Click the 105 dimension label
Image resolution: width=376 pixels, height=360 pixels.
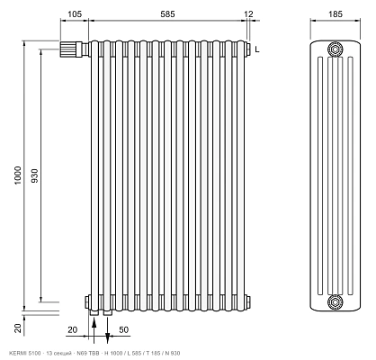(75, 14)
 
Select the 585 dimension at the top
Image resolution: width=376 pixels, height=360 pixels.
(167, 14)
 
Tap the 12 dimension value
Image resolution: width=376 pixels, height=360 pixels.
(248, 14)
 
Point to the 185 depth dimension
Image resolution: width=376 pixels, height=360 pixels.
(336, 14)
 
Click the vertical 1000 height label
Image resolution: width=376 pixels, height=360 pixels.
(18, 175)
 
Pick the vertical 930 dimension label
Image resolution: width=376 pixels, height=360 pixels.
(35, 175)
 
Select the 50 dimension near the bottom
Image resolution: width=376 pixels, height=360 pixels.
(124, 329)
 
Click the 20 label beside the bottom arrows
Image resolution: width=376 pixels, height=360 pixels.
(73, 329)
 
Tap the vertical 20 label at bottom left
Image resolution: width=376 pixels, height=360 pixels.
(19, 328)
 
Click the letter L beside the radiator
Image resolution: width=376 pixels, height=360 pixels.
(257, 49)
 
